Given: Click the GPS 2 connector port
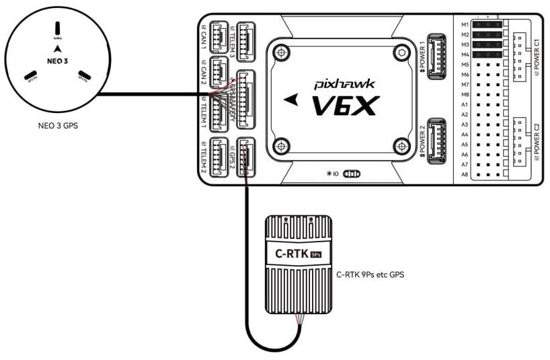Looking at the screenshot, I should click(245, 155).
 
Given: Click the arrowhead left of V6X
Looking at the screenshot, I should click(290, 99).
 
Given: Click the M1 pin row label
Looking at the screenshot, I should click(465, 24).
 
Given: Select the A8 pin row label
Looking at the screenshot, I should click(465, 174).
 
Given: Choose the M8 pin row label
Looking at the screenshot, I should click(465, 94).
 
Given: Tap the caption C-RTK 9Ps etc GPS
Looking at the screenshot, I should click(369, 275).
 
